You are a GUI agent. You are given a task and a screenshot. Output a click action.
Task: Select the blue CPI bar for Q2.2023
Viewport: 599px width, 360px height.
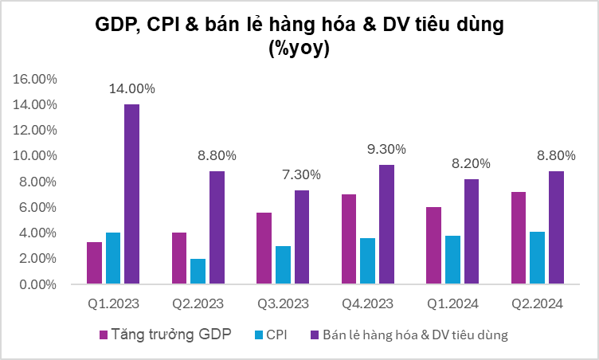click(x=198, y=271)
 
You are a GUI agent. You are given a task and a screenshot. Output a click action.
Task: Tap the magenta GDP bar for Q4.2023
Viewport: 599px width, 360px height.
click(x=348, y=239)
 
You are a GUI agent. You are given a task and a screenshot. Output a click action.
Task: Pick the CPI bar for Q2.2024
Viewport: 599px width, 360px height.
click(x=536, y=257)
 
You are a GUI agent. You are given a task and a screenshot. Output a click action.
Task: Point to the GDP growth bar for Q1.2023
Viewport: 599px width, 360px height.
click(x=94, y=263)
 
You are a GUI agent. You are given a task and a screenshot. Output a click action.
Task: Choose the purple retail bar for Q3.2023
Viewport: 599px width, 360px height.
click(x=301, y=237)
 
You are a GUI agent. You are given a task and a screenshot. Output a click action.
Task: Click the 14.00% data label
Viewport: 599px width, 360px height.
click(x=132, y=89)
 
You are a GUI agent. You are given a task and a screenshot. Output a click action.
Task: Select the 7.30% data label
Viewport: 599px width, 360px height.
click(x=301, y=174)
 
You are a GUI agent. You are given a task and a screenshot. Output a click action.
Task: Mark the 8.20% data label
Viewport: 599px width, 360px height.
click(x=470, y=163)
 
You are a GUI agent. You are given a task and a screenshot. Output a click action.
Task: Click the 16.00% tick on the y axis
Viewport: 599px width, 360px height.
click(x=33, y=79)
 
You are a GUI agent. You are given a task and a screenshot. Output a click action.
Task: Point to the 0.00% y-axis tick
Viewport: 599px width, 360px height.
click(x=37, y=284)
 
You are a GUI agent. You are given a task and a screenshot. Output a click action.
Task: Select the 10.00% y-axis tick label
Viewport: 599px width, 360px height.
click(x=33, y=156)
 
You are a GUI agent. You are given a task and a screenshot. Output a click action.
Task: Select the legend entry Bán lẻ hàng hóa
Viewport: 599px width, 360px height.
click(x=414, y=334)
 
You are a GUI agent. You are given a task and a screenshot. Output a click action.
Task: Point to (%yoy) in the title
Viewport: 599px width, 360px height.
click(x=299, y=49)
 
